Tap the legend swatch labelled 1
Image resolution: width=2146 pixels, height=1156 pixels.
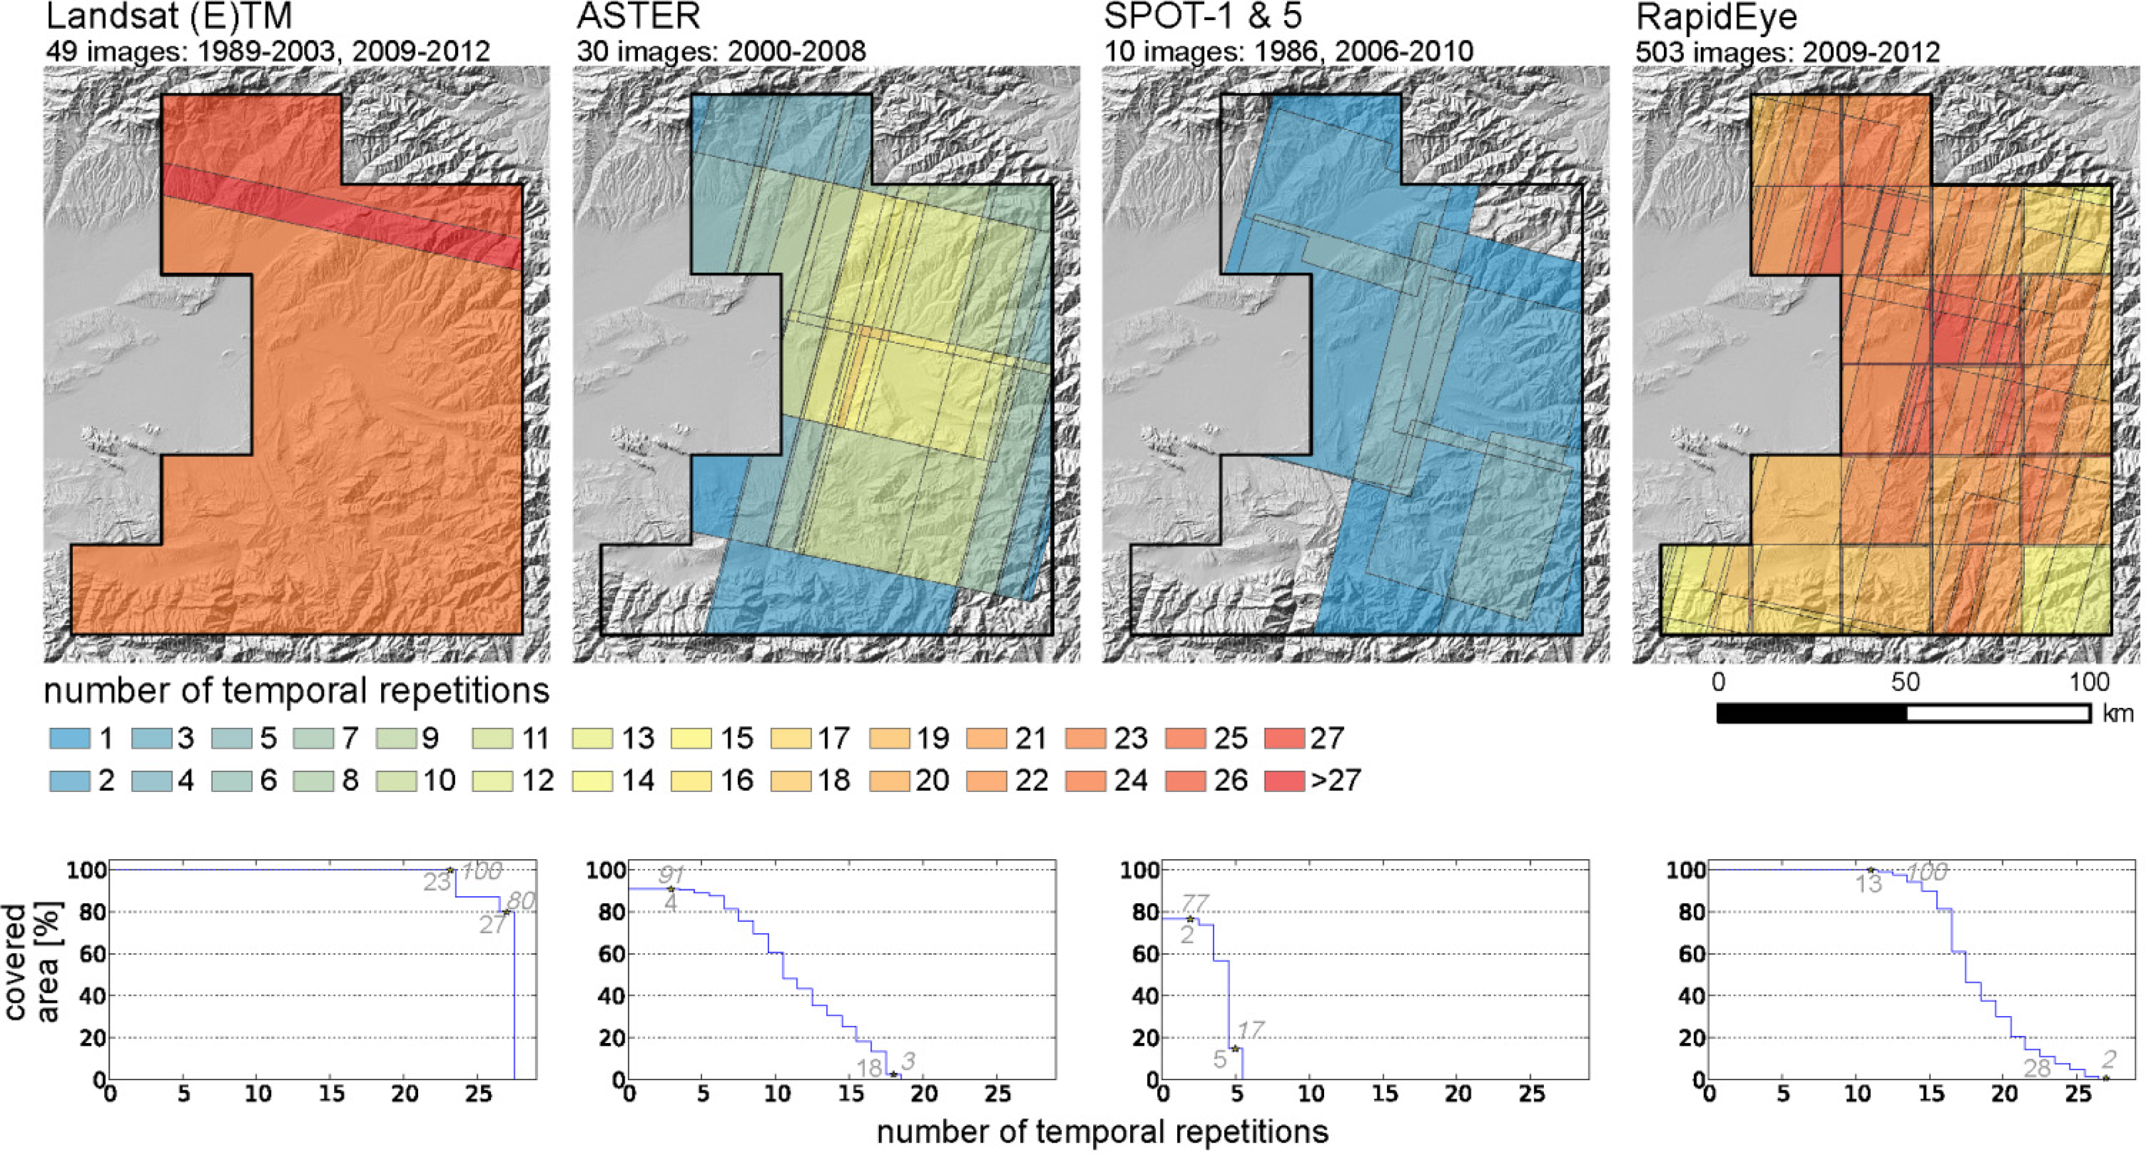click(x=69, y=739)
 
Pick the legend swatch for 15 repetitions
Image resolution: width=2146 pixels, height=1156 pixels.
click(x=691, y=739)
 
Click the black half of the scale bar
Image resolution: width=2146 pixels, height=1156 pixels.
click(x=1811, y=713)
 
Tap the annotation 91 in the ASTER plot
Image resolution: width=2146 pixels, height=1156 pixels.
click(x=671, y=874)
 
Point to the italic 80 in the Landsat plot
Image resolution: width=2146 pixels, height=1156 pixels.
click(x=520, y=901)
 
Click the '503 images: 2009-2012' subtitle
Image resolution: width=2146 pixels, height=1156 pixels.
click(x=1787, y=51)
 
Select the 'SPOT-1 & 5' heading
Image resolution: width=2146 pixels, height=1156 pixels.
click(x=1202, y=17)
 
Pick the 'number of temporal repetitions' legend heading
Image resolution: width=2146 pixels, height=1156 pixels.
click(x=296, y=691)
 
